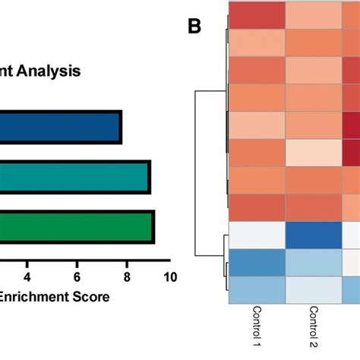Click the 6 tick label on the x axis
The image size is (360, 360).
(x=77, y=277)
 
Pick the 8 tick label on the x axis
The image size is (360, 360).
(x=127, y=277)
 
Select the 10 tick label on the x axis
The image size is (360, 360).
(x=169, y=277)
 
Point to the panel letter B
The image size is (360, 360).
(x=194, y=28)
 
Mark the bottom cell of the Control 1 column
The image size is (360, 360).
(x=258, y=290)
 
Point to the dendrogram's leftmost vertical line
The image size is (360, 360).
(x=196, y=173)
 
